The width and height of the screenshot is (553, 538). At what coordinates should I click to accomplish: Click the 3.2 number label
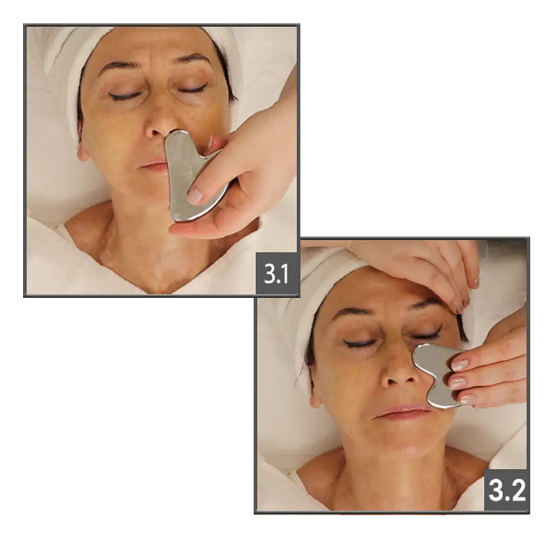click(x=506, y=490)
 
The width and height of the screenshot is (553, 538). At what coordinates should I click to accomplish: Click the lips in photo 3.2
click(x=402, y=411)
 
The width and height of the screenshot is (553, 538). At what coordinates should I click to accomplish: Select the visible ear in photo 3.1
click(x=83, y=150)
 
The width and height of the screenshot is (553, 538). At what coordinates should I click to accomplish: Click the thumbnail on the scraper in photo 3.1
click(x=195, y=196)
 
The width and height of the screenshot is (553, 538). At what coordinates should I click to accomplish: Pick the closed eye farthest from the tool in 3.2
click(x=360, y=343)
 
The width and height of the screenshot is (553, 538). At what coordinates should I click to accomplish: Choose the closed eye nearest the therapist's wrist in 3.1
click(x=192, y=88)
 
